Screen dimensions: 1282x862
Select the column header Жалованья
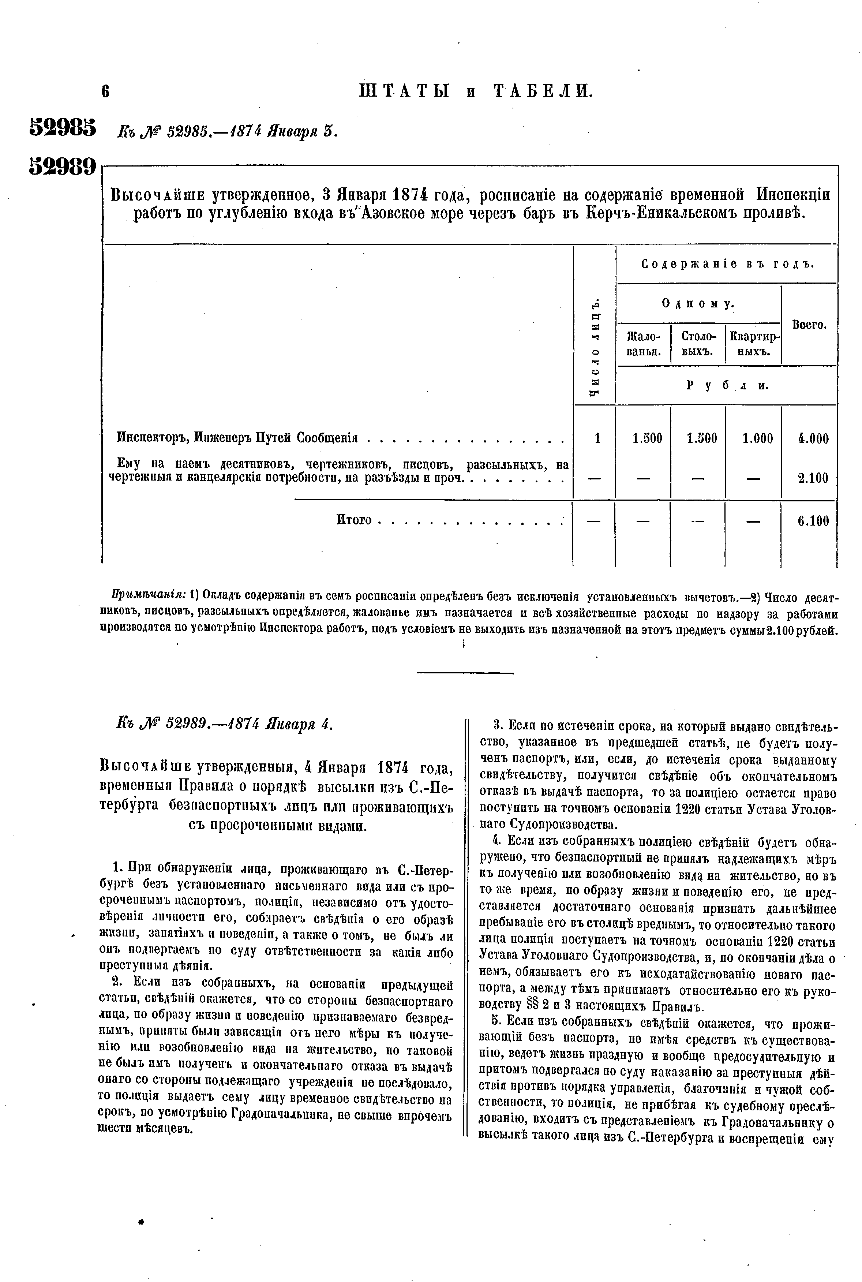coord(643,344)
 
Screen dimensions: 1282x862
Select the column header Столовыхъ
coord(698,344)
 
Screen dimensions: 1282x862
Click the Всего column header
coord(809,325)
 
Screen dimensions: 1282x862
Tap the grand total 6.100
coord(813,520)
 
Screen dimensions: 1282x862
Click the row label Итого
coord(354,520)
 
